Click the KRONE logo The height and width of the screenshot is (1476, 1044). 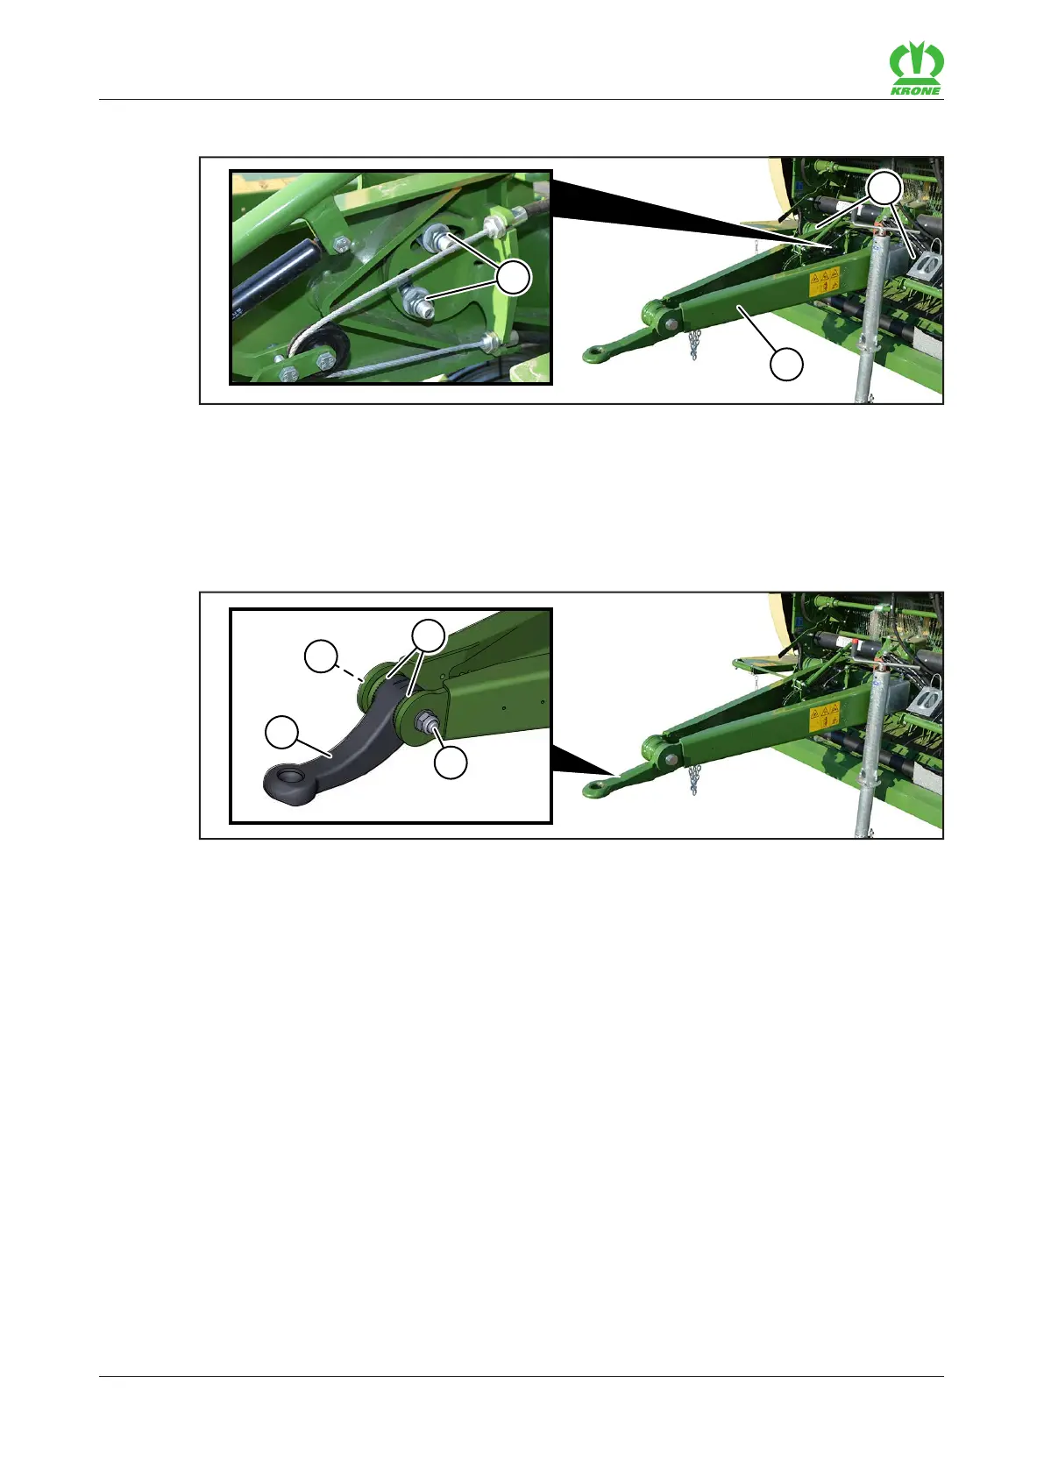pyautogui.click(x=916, y=67)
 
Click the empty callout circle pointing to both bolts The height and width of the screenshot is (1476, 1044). pyautogui.click(x=514, y=278)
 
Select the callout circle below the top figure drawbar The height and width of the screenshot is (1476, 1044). pyautogui.click(x=786, y=365)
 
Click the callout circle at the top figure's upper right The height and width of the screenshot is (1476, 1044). pyautogui.click(x=884, y=188)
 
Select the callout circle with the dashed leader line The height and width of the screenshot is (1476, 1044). pyautogui.click(x=321, y=656)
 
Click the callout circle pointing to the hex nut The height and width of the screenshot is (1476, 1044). pyautogui.click(x=451, y=763)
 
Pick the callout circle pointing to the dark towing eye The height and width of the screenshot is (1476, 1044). pyautogui.click(x=281, y=732)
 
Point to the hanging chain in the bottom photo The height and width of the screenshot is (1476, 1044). pyautogui.click(x=694, y=780)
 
